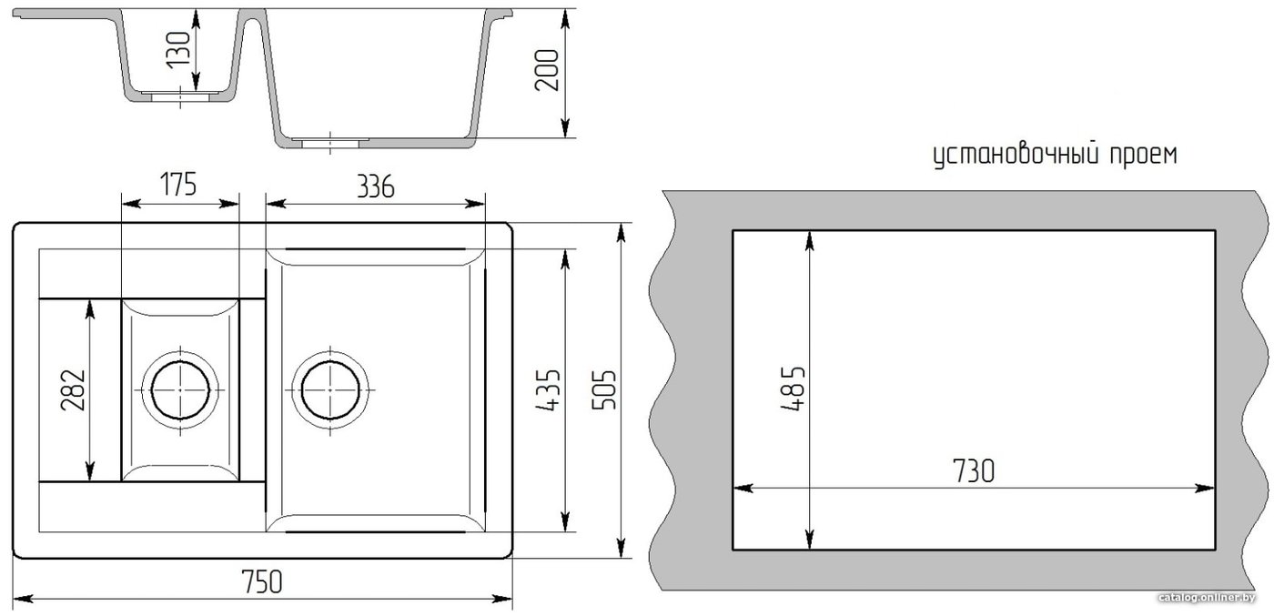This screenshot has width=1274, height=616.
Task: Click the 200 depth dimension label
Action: tap(547, 70)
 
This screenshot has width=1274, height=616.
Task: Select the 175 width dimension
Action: tap(178, 184)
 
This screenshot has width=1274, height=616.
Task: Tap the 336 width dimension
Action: tap(375, 187)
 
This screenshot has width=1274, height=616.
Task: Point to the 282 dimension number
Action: tap(74, 390)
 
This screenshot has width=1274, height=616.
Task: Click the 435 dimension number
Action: tap(548, 390)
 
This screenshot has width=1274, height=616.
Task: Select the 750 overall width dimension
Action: tap(262, 581)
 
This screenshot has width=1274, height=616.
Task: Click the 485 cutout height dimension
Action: tap(793, 389)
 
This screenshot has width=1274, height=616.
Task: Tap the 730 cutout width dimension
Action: tap(974, 471)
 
